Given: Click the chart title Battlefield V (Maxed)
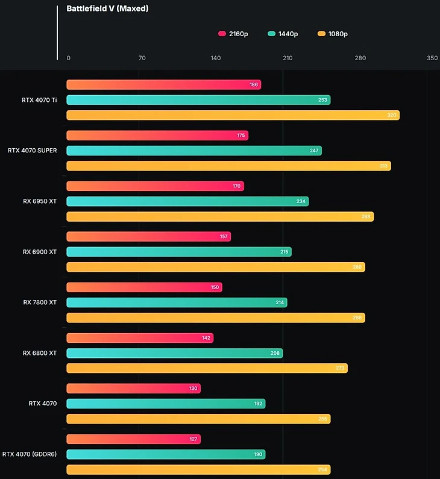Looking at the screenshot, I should (107, 9).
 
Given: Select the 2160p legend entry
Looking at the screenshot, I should (233, 34).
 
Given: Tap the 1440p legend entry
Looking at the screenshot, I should (283, 34).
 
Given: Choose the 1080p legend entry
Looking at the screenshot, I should (332, 34).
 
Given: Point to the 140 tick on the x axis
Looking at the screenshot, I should (216, 58).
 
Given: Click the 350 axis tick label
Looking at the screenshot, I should (432, 58).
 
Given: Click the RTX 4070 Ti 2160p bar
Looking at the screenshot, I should (163, 85).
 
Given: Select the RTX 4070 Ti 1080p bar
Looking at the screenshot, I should (233, 115).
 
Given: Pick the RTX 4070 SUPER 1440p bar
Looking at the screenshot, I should (193, 151).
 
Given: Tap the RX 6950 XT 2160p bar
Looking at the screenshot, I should (155, 186).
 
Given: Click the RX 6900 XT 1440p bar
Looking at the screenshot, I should (178, 252).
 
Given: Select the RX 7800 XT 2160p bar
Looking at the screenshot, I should (144, 287).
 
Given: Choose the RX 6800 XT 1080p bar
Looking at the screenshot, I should (207, 368).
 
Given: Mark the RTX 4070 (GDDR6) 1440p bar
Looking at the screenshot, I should (166, 454).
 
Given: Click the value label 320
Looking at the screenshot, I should (392, 115).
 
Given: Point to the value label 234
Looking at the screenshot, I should (301, 201).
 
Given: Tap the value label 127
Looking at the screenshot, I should (193, 439).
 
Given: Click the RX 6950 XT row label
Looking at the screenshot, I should (40, 201).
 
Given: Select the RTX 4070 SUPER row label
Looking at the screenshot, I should (33, 151).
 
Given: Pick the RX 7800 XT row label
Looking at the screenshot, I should (40, 302).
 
